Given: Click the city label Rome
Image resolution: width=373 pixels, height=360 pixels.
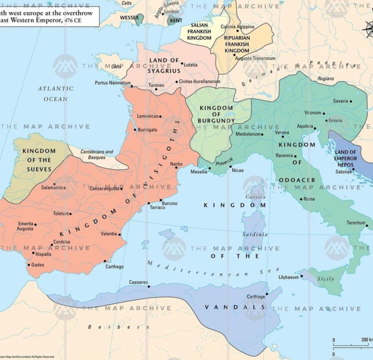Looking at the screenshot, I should [x=309, y=199].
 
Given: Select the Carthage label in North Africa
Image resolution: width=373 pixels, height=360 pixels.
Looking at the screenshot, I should [x=256, y=297].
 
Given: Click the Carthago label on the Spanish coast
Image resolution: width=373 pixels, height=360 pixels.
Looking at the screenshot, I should [x=114, y=266].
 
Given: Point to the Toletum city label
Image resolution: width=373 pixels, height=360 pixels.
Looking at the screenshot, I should [x=61, y=214].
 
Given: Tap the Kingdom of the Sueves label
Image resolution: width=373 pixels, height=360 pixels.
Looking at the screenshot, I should [x=39, y=160].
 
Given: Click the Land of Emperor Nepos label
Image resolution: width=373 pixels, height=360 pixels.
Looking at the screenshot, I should [x=346, y=159].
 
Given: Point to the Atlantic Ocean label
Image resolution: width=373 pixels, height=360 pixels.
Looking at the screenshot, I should [x=55, y=94].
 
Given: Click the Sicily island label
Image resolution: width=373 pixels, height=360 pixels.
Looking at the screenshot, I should [x=325, y=279].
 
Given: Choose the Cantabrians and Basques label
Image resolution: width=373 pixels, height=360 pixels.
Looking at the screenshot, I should [x=97, y=155].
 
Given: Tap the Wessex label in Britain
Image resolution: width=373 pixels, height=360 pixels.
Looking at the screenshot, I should [x=116, y=18].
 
